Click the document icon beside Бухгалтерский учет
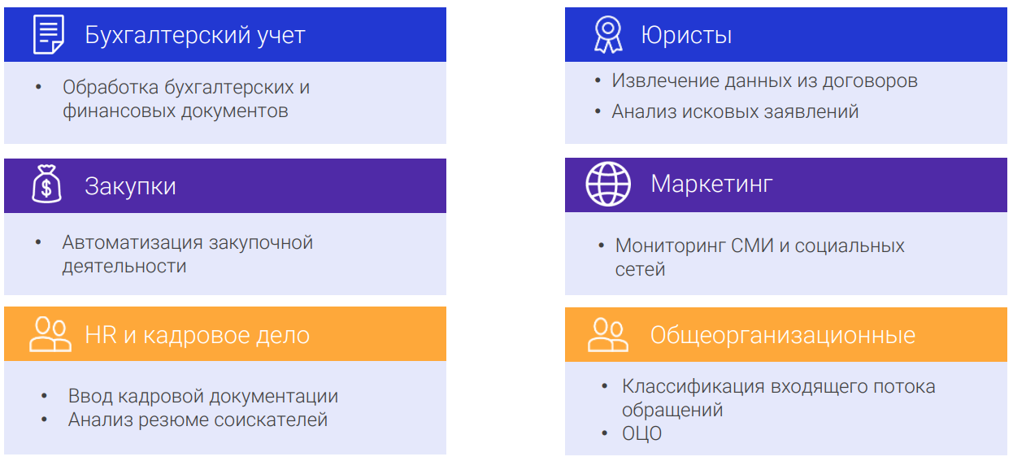click(49, 34)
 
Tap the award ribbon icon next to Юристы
click(608, 35)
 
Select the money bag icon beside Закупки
click(46, 184)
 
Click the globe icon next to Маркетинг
click(608, 184)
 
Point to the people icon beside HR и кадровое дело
click(50, 334)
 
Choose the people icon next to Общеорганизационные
click(608, 335)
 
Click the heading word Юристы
click(686, 35)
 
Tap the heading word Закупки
click(130, 186)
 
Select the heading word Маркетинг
click(711, 184)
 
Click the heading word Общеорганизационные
click(783, 335)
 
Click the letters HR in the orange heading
click(101, 335)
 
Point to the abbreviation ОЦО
click(641, 433)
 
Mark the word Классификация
click(693, 387)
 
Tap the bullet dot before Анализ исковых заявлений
click(598, 111)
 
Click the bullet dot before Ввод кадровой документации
click(44, 396)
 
